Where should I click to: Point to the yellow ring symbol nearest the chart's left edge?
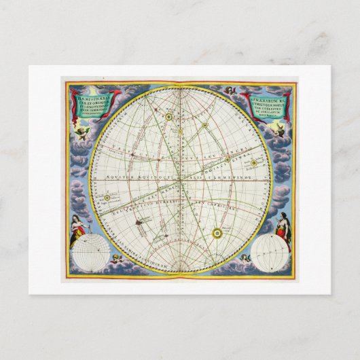point(107,198)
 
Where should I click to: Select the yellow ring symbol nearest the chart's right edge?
point(254,162)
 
